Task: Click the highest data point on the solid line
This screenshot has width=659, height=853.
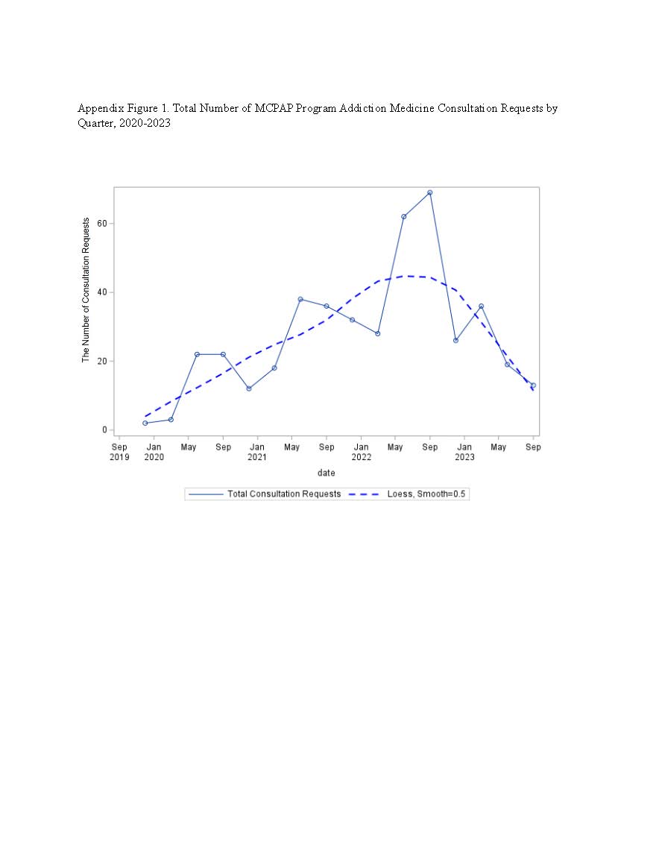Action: click(x=429, y=192)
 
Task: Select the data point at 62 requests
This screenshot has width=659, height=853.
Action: click(x=404, y=216)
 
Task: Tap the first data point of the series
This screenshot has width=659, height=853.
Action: click(x=145, y=423)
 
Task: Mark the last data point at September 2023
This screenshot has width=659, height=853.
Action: click(x=534, y=385)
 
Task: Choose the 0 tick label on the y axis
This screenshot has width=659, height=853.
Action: click(x=105, y=429)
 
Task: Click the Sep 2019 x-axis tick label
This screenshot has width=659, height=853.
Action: click(x=119, y=452)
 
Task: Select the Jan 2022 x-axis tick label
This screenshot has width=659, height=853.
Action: click(x=362, y=452)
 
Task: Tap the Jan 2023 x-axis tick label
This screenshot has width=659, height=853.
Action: click(x=465, y=452)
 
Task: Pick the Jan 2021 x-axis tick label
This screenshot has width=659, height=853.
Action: click(x=257, y=452)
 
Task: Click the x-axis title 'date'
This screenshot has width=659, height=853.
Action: click(x=327, y=473)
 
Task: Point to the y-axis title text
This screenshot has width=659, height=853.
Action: click(x=86, y=290)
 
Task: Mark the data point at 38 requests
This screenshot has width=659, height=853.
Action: click(x=300, y=299)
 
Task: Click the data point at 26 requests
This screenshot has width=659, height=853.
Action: click(x=455, y=341)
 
